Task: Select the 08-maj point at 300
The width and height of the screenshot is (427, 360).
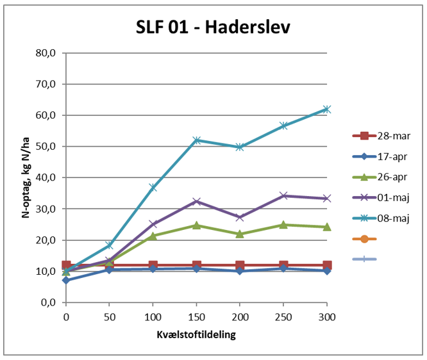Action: (327, 109)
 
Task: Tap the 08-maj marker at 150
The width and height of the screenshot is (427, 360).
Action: (196, 140)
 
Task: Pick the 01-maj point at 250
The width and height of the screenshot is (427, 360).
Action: (283, 195)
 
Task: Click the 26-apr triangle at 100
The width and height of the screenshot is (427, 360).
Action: (153, 236)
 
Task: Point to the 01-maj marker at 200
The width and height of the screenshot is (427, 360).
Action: (240, 217)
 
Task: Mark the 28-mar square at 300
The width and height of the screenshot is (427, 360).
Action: (327, 265)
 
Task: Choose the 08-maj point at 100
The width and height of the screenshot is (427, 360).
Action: (153, 187)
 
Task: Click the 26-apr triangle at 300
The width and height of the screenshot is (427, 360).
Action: (327, 227)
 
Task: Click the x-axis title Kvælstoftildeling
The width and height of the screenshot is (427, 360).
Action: (196, 335)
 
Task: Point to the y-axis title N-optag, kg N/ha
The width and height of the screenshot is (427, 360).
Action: (26, 177)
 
